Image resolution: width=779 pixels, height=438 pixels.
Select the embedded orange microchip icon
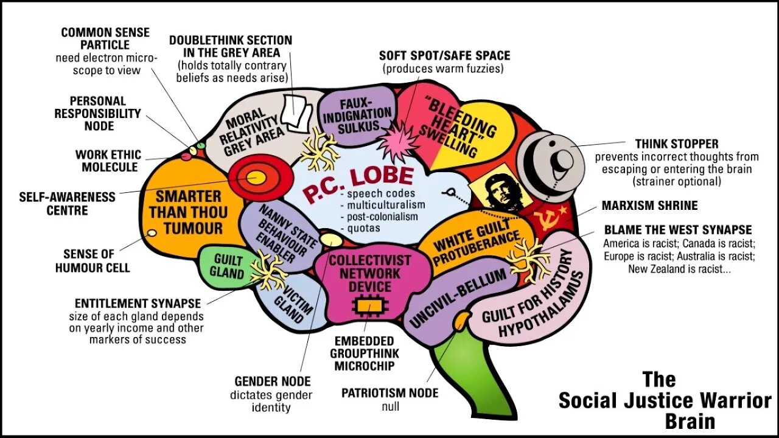pos(365,304)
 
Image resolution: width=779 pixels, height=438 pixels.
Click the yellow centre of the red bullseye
pos(256,177)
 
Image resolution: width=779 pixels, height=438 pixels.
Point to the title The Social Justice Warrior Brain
pos(665,400)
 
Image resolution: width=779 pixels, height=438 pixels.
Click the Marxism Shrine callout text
pos(649,206)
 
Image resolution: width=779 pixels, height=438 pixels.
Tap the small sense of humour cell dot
pos(152,233)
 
